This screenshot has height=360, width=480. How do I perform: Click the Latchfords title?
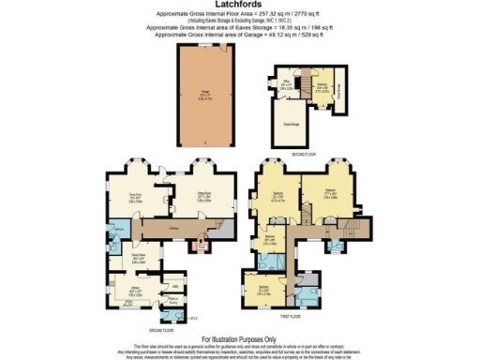(x=240, y=7)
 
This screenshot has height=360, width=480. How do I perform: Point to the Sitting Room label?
(x=202, y=196)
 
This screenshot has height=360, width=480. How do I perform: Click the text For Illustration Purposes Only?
(x=240, y=337)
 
